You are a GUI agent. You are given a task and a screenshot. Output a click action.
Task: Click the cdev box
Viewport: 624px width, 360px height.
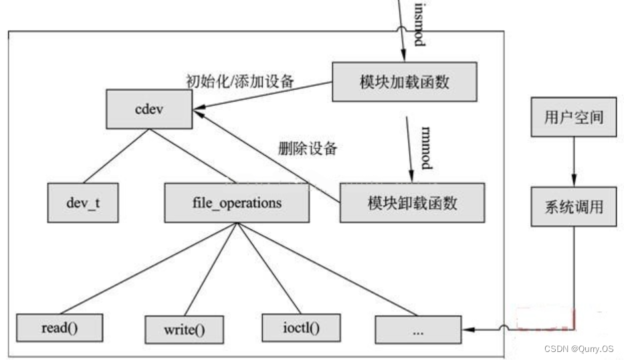pos(148,110)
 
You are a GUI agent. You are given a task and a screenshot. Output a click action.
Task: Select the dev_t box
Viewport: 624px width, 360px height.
pos(83,203)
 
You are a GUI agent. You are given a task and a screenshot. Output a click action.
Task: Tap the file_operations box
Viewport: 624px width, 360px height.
pos(237,203)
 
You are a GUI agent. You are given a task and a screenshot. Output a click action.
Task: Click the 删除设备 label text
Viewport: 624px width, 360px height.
pos(307,149)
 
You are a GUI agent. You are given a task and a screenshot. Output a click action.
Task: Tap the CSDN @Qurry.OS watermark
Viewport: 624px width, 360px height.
pos(579,349)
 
